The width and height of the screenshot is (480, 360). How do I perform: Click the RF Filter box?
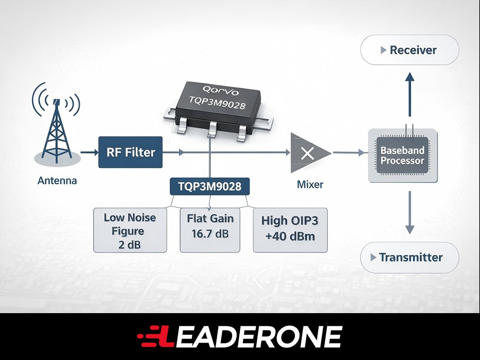pos(130,152)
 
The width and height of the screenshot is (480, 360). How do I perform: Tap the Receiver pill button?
pos(410,50)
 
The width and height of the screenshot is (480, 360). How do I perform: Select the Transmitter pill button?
pos(410,257)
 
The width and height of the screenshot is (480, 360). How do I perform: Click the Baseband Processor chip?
pos(403,156)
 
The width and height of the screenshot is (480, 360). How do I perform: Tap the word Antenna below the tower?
pos(57,180)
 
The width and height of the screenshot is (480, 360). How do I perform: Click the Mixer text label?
pos(310,185)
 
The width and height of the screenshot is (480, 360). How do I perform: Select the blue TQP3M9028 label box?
pos(210,187)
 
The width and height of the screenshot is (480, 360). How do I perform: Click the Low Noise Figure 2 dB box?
pos(130,230)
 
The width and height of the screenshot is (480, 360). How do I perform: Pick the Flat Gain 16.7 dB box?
pos(210,230)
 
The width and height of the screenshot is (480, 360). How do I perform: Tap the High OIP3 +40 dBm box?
pos(290,230)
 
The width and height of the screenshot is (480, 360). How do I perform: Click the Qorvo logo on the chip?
pos(220,90)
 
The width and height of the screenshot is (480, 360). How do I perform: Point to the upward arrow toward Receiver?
pos(410,94)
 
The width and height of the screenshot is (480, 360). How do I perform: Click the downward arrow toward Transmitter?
pos(410,213)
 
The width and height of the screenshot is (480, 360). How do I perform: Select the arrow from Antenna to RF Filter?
pos(90,152)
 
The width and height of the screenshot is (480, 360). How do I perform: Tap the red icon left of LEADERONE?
pos(152,337)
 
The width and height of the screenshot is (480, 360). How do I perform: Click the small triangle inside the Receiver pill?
pos(383,50)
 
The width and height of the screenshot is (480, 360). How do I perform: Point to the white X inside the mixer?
pos(307,153)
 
